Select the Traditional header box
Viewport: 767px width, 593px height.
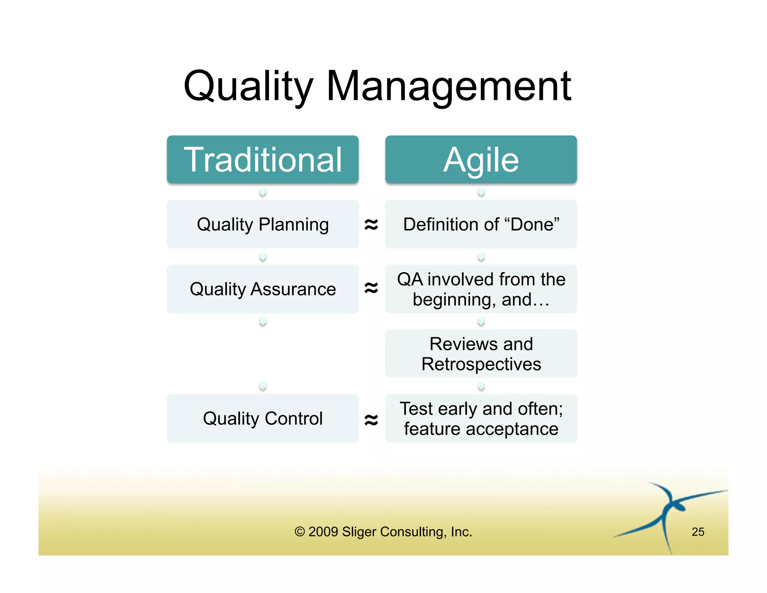[x=263, y=160]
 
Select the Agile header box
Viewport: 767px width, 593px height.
[x=481, y=160]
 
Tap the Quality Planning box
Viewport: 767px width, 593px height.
[x=263, y=224]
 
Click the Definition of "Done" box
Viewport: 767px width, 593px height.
[x=481, y=224]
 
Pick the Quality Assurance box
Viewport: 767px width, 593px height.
[x=263, y=289]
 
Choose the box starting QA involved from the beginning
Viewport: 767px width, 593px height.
[x=481, y=289]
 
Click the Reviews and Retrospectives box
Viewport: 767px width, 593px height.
[x=481, y=353]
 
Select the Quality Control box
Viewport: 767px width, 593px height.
[x=263, y=418]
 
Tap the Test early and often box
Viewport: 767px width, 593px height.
[x=481, y=418]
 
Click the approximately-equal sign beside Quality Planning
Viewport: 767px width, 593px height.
[x=371, y=225]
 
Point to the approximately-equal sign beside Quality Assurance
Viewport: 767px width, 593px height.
[x=371, y=288]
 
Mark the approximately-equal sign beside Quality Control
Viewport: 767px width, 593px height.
[x=371, y=419]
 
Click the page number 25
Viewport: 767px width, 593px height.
[x=698, y=532]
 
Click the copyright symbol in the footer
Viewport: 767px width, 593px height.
[x=300, y=532]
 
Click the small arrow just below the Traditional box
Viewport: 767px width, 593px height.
[x=263, y=192]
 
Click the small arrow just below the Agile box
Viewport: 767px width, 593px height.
[x=481, y=192]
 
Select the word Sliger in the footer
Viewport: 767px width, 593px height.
[x=360, y=532]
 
